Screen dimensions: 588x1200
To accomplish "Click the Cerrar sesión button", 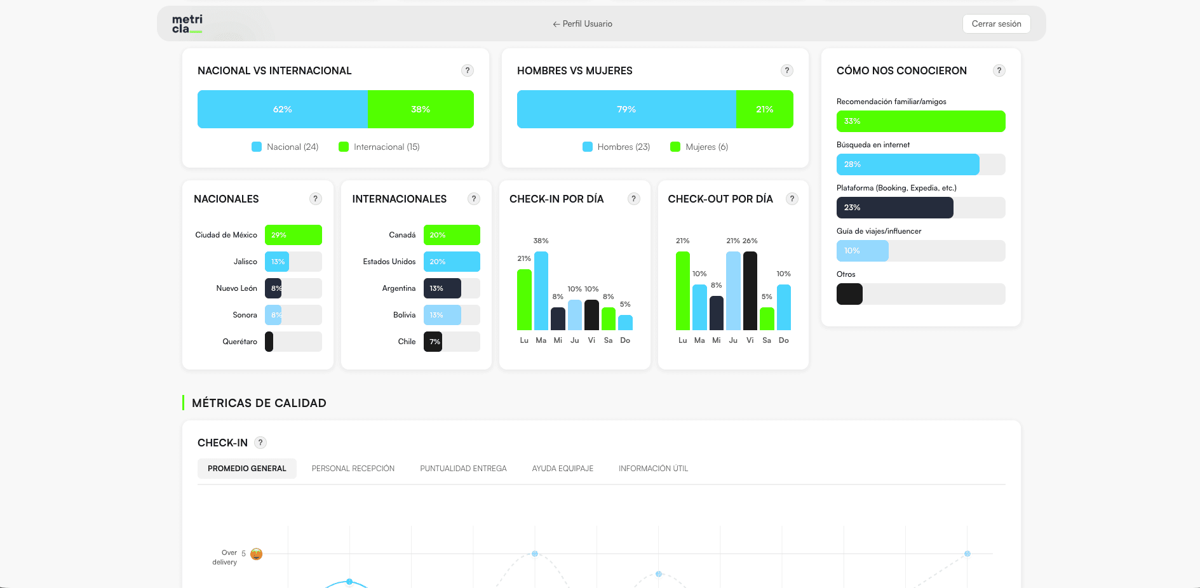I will pos(996,24).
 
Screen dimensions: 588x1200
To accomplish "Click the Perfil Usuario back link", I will pos(583,24).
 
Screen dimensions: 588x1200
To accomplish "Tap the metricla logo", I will pos(187,23).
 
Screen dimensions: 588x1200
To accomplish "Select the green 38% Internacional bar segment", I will pos(421,109).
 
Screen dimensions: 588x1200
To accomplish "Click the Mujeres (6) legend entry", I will pos(699,147).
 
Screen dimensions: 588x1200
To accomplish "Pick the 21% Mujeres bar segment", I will pos(764,109).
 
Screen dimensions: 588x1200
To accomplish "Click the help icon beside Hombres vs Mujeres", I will pos(786,70).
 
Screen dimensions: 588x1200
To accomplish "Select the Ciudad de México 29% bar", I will pos(293,235).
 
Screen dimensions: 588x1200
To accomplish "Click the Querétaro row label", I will pos(239,342).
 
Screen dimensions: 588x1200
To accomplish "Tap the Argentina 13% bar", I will pos(442,288).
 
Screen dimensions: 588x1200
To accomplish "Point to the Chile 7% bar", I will pos(433,342).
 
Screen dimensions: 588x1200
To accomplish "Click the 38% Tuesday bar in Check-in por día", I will pos(541,290).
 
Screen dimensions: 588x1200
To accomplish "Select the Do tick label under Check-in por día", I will pos(625,340).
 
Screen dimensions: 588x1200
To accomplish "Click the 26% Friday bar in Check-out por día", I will pos(750,290).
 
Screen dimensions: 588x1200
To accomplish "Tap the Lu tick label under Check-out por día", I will pos(682,340).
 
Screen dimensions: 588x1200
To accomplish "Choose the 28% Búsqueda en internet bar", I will pos(907,164).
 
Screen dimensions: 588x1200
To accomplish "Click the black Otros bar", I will pos(849,294).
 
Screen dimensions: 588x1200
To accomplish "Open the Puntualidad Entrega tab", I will pos(463,469).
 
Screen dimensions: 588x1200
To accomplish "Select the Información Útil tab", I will pos(653,469).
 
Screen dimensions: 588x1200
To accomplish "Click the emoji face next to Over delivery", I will pos(257,554).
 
